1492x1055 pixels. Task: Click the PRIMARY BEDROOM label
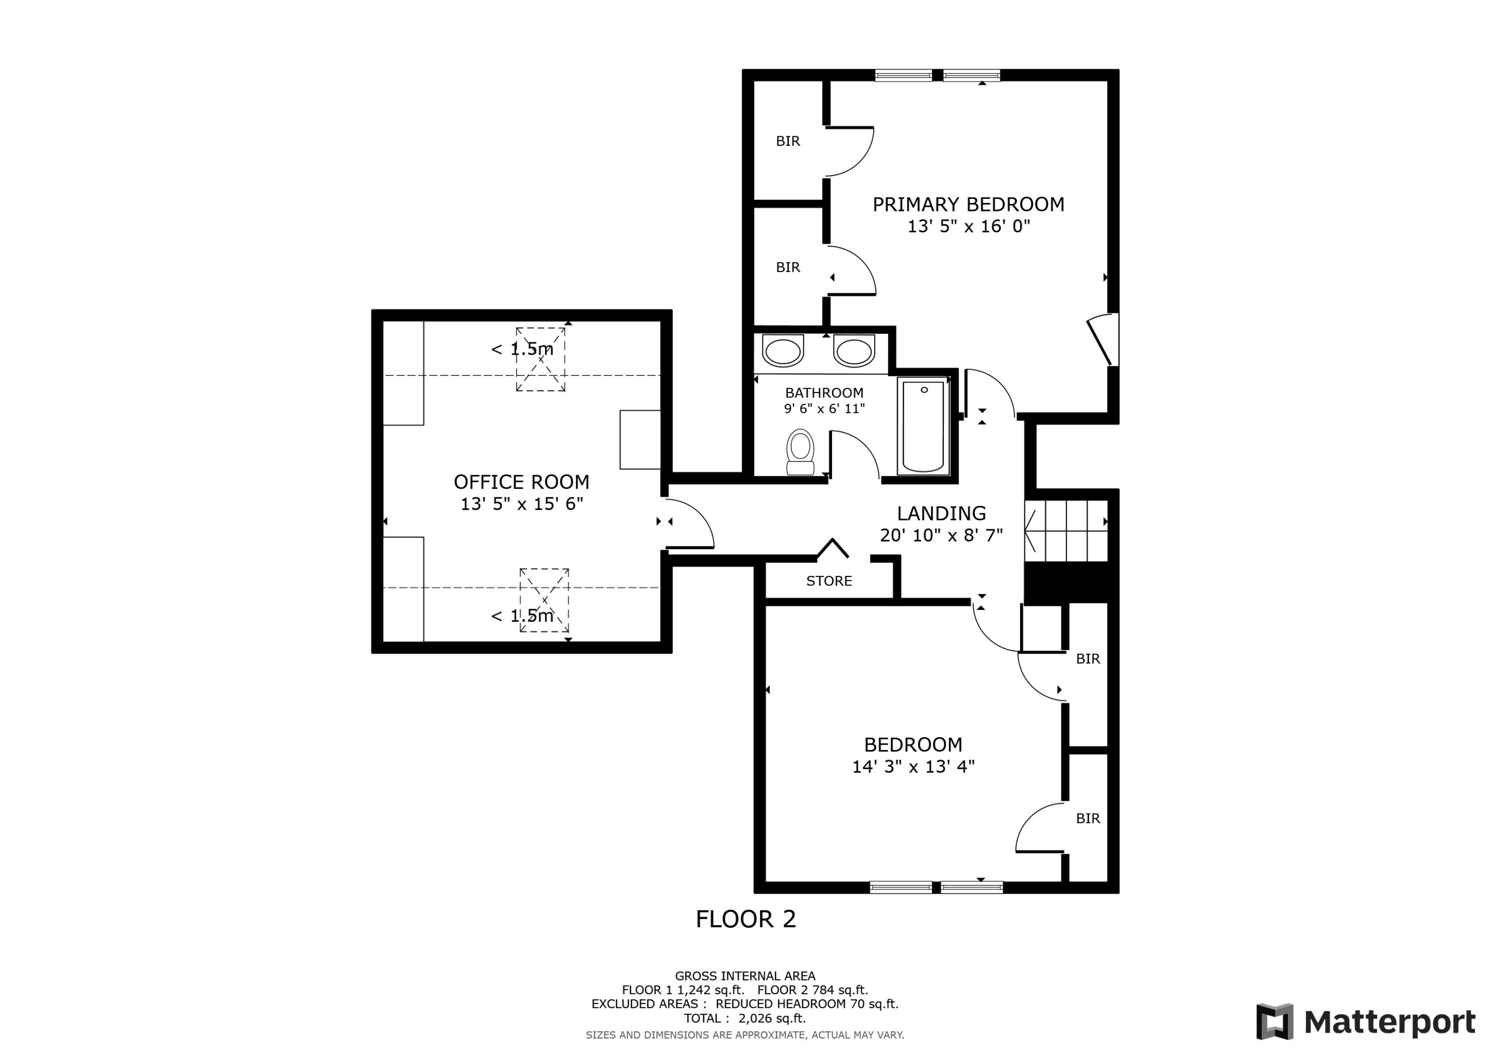[968, 205]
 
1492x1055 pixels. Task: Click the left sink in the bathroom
[782, 352]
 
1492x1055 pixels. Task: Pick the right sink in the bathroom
[854, 352]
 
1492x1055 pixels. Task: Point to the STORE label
[829, 581]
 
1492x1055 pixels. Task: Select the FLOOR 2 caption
[746, 919]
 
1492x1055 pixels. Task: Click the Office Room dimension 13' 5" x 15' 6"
[522, 504]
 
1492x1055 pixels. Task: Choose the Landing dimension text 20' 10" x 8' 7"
[941, 535]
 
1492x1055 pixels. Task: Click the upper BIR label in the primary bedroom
[788, 141]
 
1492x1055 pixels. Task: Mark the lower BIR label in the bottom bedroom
[1088, 818]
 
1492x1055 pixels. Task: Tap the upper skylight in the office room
[541, 360]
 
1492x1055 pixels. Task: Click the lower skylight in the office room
[544, 600]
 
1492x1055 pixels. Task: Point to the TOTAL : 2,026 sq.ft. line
[745, 1019]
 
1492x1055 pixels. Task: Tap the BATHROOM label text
[824, 392]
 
